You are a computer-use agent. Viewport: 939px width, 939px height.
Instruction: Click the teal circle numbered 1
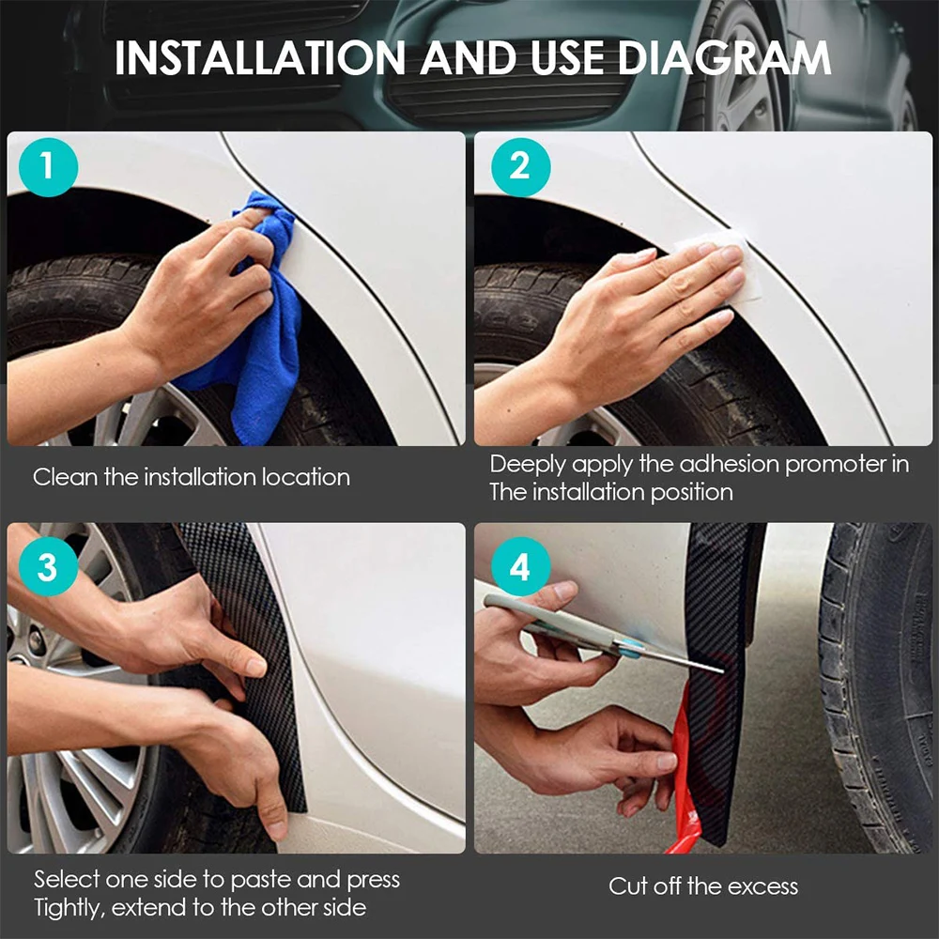[x=48, y=167]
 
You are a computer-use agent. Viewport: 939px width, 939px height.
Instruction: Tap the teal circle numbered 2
[x=520, y=167]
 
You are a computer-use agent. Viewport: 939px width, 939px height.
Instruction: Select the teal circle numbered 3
[x=48, y=566]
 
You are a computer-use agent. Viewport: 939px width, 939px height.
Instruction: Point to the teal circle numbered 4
[x=520, y=566]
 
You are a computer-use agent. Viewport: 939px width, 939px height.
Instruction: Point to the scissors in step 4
[x=599, y=635]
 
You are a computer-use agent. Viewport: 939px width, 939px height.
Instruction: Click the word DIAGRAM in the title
[x=724, y=58]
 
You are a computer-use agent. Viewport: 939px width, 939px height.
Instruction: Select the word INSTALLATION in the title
[x=260, y=58]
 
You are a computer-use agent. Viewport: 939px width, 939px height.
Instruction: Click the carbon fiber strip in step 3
[x=252, y=659]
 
